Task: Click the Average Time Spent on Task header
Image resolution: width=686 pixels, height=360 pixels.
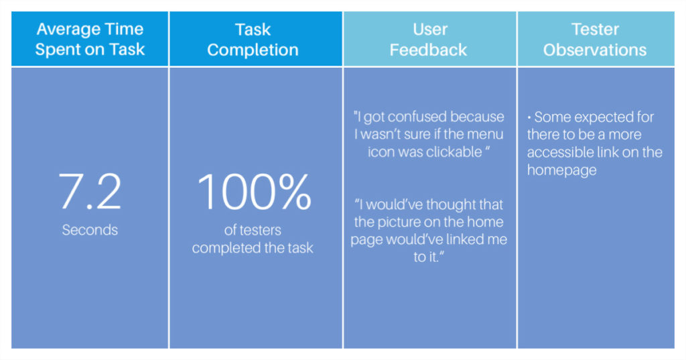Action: click(90, 39)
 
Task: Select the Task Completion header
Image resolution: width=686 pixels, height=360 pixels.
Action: click(253, 40)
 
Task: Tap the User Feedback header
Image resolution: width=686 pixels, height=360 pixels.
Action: click(429, 40)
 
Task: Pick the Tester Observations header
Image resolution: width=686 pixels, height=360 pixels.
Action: click(595, 40)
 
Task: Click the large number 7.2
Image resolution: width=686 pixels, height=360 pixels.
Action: click(90, 191)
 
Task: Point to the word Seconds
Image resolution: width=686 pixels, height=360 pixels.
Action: click(90, 230)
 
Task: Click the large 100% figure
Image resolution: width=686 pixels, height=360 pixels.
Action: click(254, 191)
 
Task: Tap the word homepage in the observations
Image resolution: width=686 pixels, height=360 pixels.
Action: click(562, 170)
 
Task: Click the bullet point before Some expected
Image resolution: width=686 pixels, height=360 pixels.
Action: click(529, 117)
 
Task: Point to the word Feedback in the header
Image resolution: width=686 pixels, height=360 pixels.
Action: click(429, 50)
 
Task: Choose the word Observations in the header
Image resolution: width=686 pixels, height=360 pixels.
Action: click(595, 50)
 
